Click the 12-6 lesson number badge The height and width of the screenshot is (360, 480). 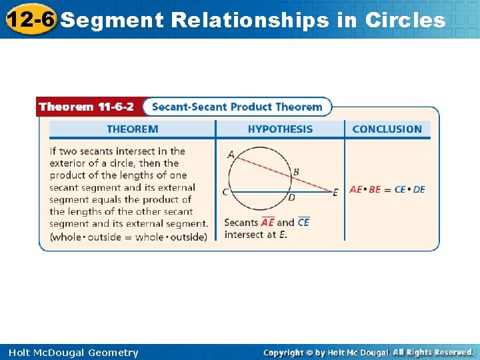[x=30, y=19]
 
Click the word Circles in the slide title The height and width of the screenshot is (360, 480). [x=405, y=21]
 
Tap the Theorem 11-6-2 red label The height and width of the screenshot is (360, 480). [x=86, y=107]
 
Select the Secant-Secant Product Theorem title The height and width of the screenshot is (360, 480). [x=237, y=107]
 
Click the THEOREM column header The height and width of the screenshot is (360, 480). [x=133, y=129]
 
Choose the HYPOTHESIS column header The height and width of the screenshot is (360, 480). [x=280, y=129]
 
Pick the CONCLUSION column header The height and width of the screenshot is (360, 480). [x=387, y=129]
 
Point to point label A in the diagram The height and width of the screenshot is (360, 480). [x=231, y=155]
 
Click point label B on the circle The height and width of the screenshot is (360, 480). [x=296, y=172]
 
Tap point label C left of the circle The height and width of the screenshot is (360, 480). [x=225, y=192]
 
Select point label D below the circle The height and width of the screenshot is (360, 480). [x=291, y=197]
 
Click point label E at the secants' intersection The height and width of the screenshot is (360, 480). [x=335, y=193]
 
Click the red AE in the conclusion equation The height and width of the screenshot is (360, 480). [x=355, y=189]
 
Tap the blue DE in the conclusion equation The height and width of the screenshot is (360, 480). [x=419, y=189]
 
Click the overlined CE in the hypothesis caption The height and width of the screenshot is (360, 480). [x=303, y=223]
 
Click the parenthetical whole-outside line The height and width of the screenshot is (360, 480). [x=128, y=237]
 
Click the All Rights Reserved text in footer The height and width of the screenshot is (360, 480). [x=433, y=352]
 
